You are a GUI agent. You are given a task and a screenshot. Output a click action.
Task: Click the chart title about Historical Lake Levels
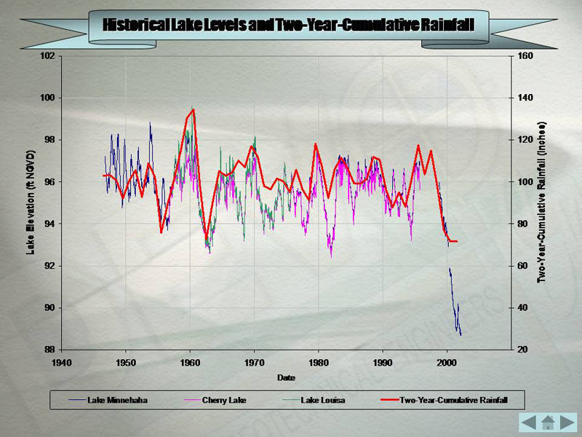click(289, 25)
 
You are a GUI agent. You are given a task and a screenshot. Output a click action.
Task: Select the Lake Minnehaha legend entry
click(116, 400)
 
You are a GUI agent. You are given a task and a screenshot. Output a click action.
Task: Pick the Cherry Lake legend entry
click(223, 400)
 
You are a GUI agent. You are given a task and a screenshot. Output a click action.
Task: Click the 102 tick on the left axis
click(50, 56)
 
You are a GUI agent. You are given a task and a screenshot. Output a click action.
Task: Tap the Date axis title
click(285, 377)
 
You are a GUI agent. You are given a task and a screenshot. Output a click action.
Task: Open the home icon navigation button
click(549, 422)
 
